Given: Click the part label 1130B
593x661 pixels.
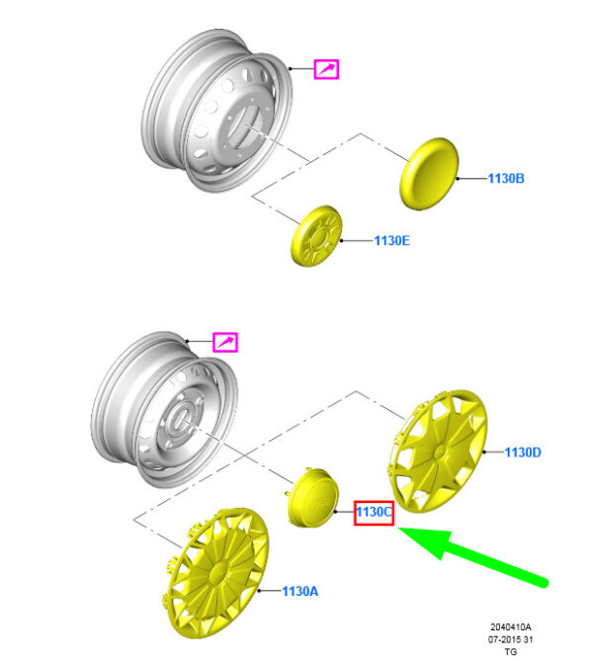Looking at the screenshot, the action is (506, 178).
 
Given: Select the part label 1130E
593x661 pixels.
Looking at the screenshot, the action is (391, 241).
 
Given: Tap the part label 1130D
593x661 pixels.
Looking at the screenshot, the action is (523, 453).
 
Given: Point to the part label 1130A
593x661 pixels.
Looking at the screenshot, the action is (299, 591).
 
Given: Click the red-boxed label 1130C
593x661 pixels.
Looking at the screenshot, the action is (375, 513).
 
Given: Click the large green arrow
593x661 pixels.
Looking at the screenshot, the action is (472, 555).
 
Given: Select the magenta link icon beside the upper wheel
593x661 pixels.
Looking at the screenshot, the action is (326, 69).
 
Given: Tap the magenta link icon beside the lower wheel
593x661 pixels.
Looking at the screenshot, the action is (225, 342).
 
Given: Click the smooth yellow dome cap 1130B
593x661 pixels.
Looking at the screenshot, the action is (429, 174).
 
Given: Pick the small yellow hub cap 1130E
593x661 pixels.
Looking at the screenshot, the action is (316, 236).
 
